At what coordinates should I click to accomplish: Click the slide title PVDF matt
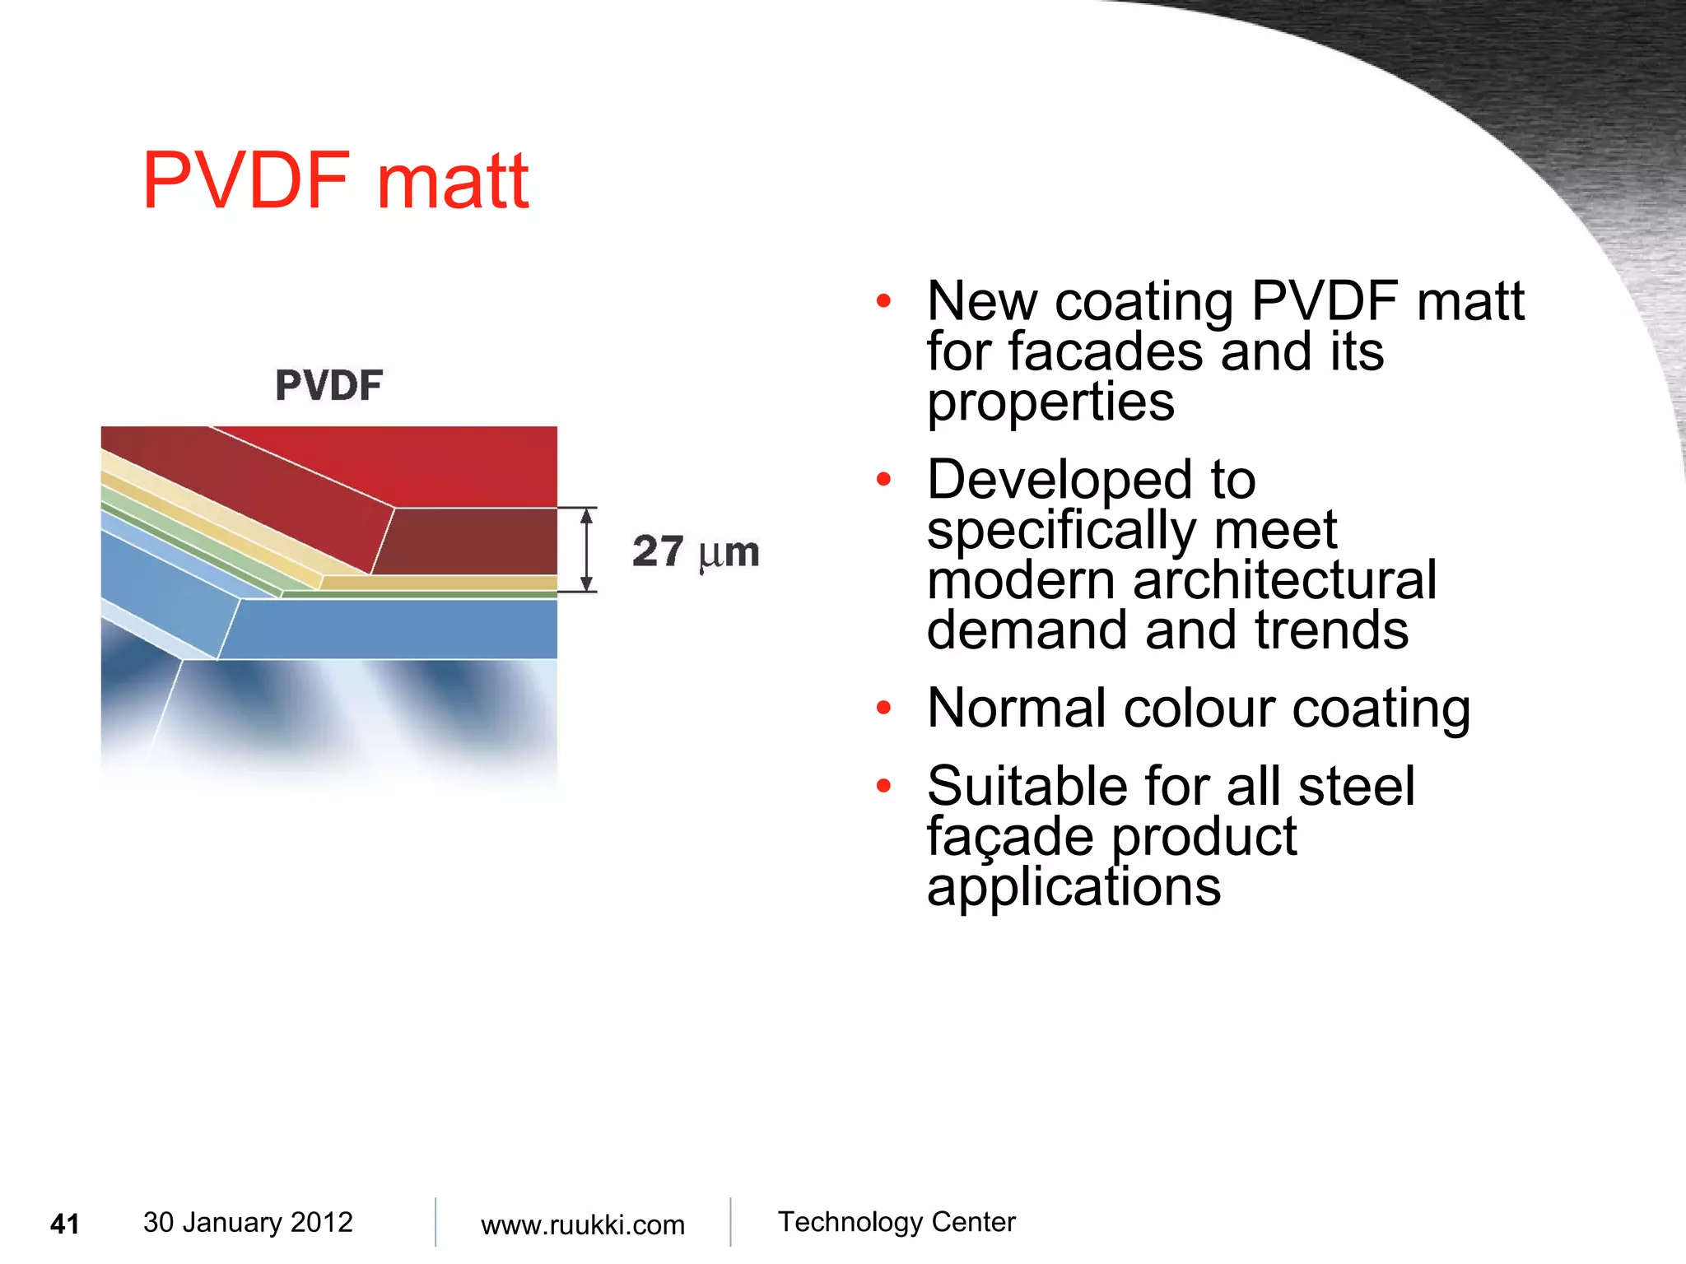(x=335, y=181)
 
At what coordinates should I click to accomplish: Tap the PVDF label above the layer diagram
(x=329, y=385)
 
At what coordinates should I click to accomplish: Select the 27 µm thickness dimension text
(x=696, y=551)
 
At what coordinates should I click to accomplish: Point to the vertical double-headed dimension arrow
(x=586, y=550)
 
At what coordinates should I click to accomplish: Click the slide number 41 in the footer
(x=65, y=1224)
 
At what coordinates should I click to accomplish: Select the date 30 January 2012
(x=248, y=1222)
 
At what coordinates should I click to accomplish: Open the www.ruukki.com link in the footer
(x=582, y=1224)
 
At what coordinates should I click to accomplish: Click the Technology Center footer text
(x=897, y=1222)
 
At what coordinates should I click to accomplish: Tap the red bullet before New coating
(x=883, y=301)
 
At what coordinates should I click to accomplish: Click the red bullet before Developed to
(x=883, y=479)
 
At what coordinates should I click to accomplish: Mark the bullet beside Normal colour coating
(x=883, y=708)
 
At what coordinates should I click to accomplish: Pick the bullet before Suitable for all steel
(x=883, y=786)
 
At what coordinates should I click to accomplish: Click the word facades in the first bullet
(x=1106, y=352)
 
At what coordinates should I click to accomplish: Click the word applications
(x=1074, y=887)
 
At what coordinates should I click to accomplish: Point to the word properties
(x=1050, y=403)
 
